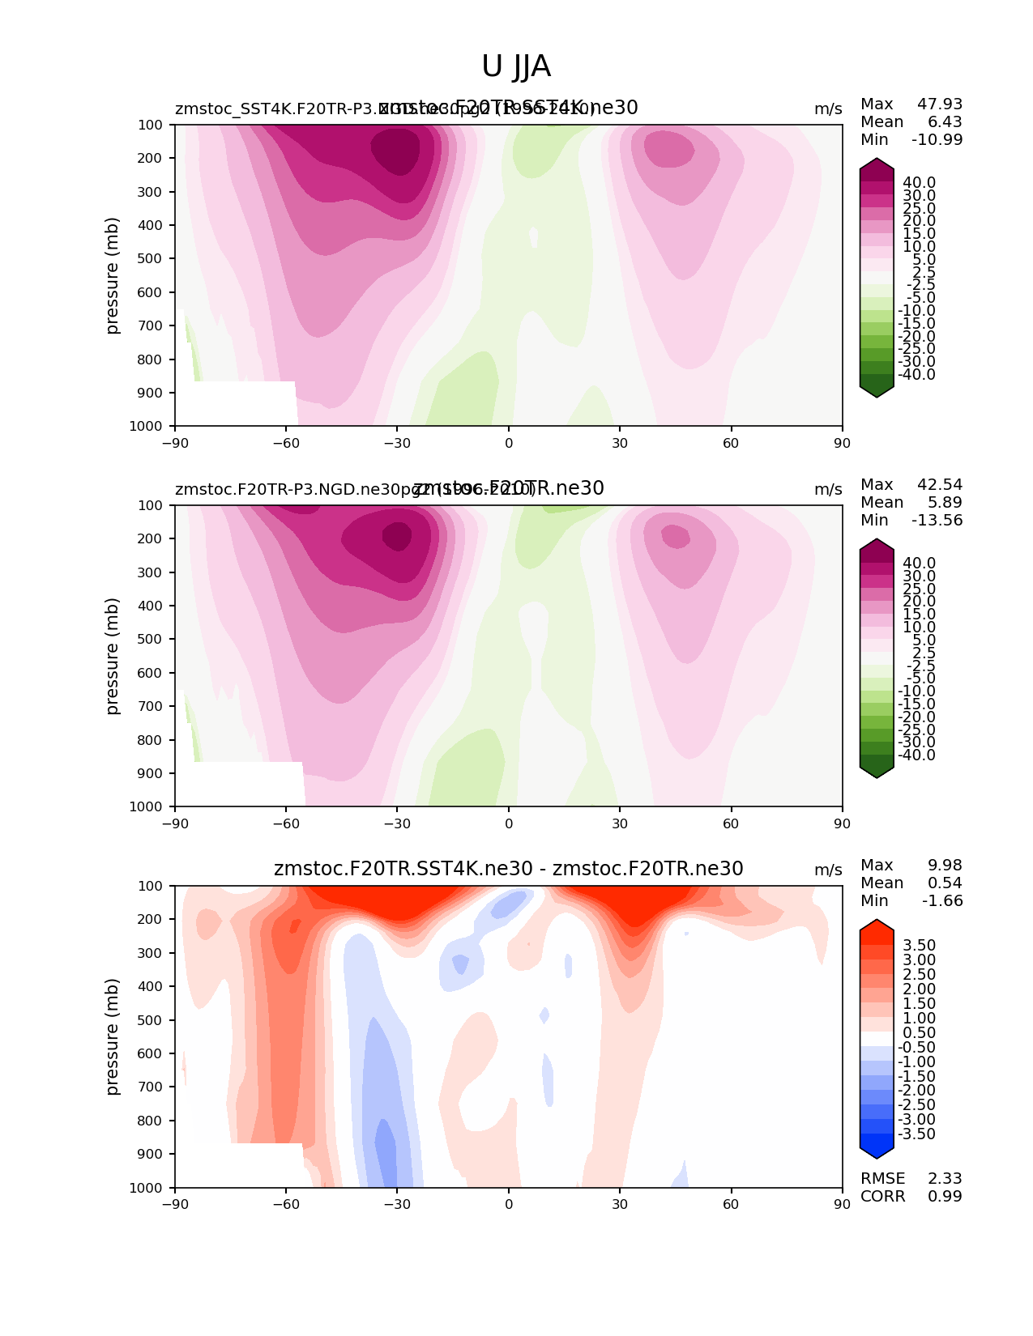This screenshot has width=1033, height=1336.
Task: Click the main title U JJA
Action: tap(516, 66)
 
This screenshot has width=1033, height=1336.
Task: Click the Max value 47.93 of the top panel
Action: tap(940, 104)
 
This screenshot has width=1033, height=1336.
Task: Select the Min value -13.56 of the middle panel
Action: tap(937, 521)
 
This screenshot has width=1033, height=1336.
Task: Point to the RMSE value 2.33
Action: tap(945, 1179)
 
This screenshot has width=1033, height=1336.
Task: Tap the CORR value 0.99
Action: tap(945, 1197)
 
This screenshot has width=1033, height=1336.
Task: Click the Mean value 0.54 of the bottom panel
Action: tap(945, 883)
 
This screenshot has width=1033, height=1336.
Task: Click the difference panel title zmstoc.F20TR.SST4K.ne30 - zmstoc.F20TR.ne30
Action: tap(508, 870)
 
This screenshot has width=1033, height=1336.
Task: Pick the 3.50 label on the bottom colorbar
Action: tap(919, 946)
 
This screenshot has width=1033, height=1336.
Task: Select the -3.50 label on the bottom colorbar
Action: tap(916, 1134)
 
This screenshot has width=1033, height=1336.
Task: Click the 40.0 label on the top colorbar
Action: tap(919, 183)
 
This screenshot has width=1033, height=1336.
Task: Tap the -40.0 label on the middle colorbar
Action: tap(916, 755)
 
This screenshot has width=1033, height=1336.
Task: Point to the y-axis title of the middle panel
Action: tap(113, 656)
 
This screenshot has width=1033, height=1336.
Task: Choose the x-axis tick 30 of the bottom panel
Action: tap(620, 1205)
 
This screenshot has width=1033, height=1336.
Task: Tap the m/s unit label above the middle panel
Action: tap(828, 490)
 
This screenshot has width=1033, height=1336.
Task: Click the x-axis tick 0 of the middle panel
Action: tap(509, 823)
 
